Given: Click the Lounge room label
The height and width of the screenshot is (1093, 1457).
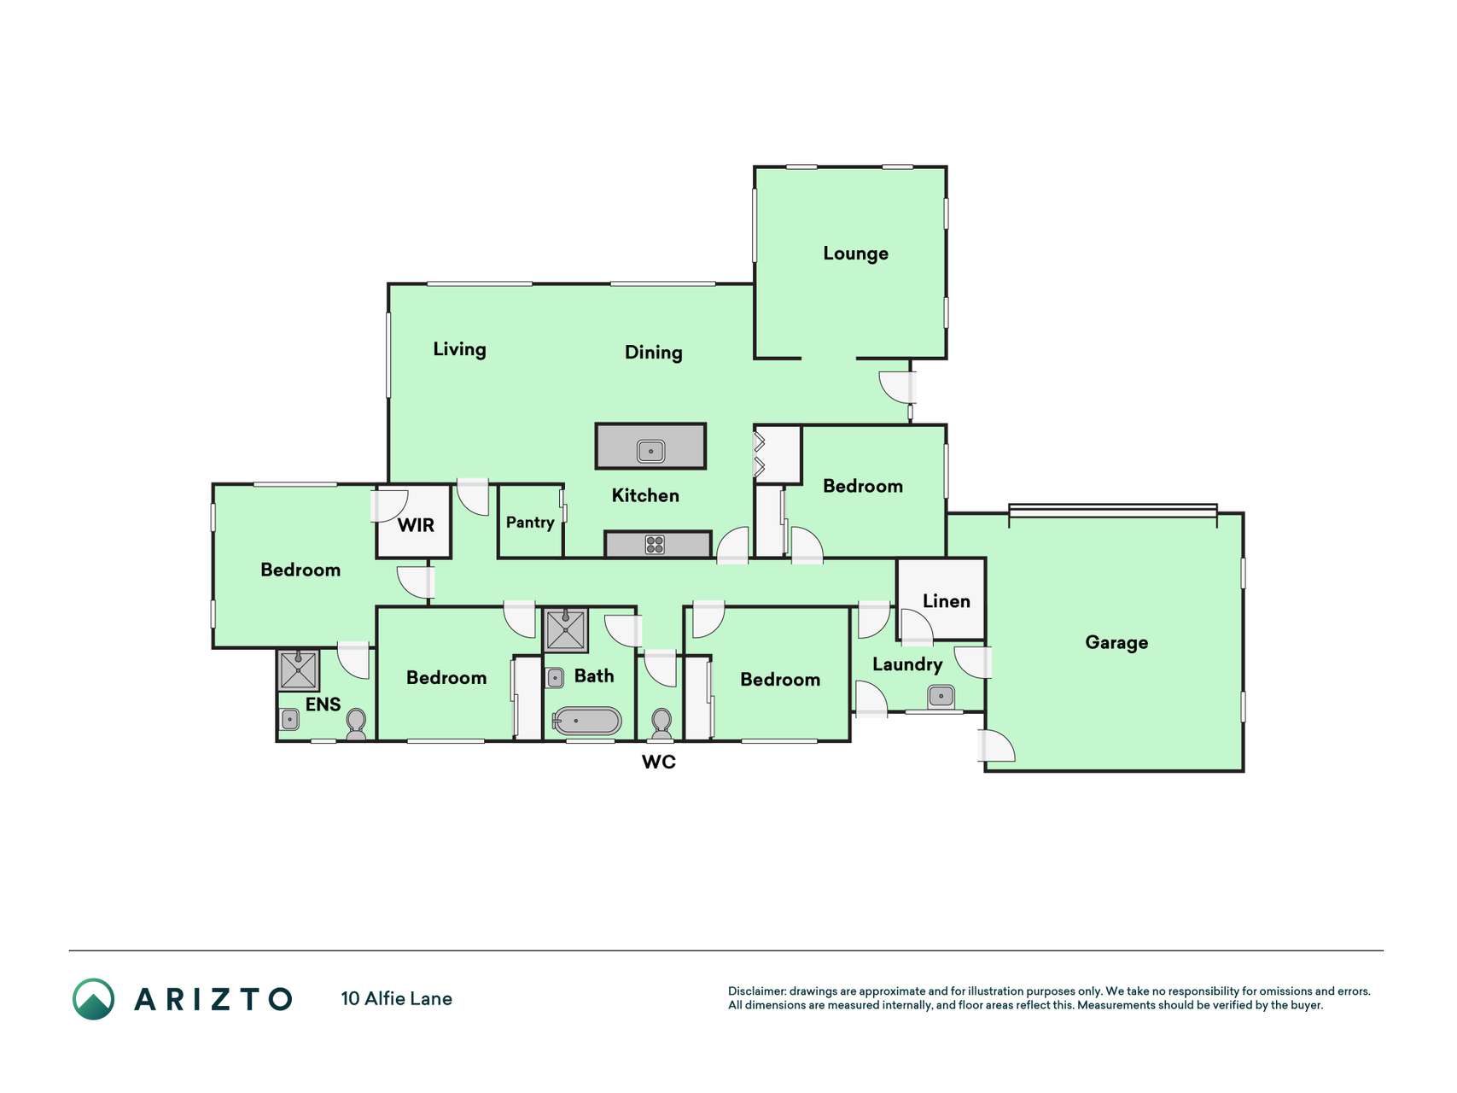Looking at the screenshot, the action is click(x=855, y=254).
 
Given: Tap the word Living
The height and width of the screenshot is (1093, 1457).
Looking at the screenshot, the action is click(x=459, y=349).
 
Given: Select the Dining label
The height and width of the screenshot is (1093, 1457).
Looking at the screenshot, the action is click(x=653, y=353).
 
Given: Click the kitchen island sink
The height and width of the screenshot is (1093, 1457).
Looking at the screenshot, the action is click(x=650, y=450).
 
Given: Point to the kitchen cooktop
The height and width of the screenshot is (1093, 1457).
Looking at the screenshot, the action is click(x=655, y=544).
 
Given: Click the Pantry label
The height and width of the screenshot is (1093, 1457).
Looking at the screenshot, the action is click(x=530, y=523).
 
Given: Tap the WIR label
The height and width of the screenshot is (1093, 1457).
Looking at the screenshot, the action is click(x=416, y=525).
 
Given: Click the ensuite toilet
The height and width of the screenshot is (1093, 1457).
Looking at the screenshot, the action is click(x=356, y=725).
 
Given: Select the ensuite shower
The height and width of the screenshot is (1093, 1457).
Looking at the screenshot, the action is click(x=298, y=670).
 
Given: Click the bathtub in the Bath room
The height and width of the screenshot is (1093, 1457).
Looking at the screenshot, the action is click(x=586, y=721).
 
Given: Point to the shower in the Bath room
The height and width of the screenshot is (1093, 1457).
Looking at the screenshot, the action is click(x=565, y=630).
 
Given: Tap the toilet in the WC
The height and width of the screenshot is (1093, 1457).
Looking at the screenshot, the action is click(x=661, y=725).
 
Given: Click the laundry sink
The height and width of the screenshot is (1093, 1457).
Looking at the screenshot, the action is click(x=941, y=697).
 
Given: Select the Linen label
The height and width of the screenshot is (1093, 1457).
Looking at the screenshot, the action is click(x=946, y=601).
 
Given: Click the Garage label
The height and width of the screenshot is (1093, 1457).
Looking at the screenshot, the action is click(x=1116, y=643).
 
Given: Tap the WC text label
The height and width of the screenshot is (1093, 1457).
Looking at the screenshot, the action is click(x=658, y=762).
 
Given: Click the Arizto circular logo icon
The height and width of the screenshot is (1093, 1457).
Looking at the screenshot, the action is click(x=93, y=999).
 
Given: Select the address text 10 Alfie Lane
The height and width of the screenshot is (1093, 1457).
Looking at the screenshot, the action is click(x=396, y=999).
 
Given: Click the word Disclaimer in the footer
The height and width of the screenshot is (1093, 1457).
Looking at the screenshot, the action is click(x=757, y=991).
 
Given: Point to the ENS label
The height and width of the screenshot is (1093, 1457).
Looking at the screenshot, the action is click(x=323, y=704).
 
